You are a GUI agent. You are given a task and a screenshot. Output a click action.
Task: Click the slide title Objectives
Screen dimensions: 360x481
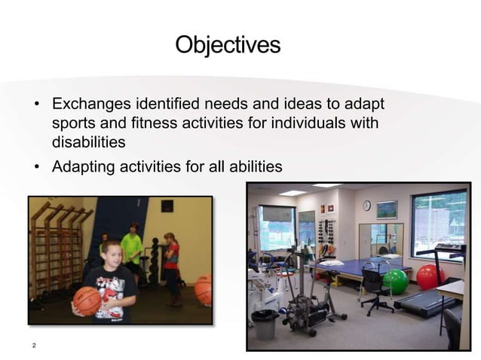click(x=228, y=44)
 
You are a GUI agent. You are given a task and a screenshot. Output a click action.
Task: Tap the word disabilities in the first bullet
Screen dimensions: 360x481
click(x=88, y=142)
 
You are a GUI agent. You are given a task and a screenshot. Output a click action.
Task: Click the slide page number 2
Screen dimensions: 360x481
click(x=34, y=346)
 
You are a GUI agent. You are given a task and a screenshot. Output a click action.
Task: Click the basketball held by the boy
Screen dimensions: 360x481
click(x=87, y=301)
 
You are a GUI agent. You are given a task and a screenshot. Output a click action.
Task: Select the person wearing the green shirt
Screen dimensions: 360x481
click(x=132, y=248)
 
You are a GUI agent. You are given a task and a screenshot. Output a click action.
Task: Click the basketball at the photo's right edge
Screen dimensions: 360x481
click(x=204, y=289)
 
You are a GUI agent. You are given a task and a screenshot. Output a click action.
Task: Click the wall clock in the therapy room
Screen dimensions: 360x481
click(x=366, y=206)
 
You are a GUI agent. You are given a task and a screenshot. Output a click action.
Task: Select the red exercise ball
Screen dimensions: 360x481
click(x=429, y=276)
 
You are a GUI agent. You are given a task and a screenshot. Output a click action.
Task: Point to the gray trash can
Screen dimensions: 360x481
click(x=265, y=325)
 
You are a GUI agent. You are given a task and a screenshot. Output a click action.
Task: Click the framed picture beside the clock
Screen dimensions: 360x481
click(x=387, y=209)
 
